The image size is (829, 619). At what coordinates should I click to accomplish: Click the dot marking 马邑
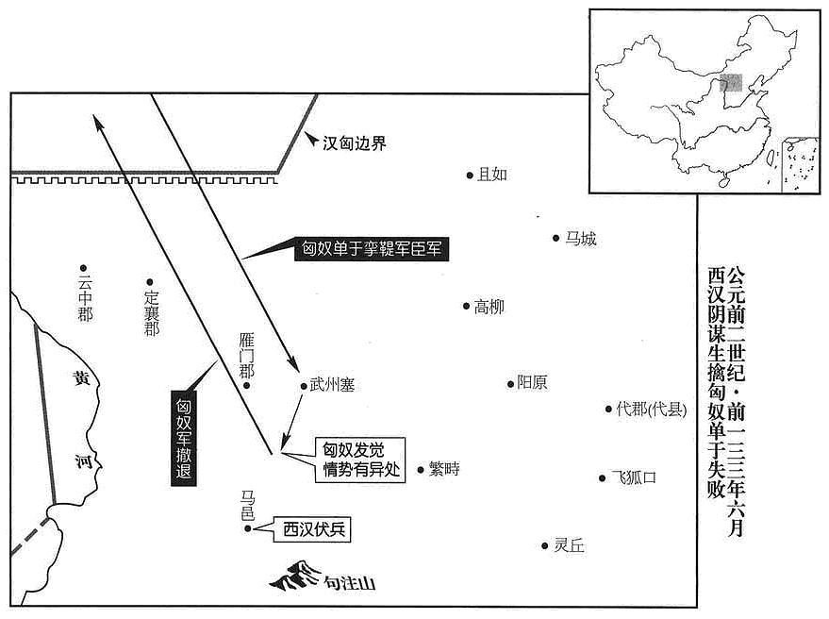pos(247,528)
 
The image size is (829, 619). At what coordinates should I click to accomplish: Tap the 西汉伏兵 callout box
pos(312,529)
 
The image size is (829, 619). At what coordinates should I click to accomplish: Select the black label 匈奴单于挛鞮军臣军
pos(372,249)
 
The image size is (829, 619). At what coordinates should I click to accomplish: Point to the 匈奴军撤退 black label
pos(184,438)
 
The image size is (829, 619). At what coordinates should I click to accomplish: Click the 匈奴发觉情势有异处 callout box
pos(360,460)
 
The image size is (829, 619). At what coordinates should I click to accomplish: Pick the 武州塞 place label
pos(332,385)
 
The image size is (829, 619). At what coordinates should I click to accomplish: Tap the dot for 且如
pos(470,176)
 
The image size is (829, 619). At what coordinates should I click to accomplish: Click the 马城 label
pos(581,239)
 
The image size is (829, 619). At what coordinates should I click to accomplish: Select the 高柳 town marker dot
pos(466,306)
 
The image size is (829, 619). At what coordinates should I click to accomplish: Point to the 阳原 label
pos(532,382)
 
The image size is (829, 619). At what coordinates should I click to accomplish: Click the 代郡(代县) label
pos(652,409)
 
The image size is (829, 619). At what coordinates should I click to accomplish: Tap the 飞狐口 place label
pos(634,477)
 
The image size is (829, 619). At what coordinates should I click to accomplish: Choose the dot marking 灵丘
pos(544,545)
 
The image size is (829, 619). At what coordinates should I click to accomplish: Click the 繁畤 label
pos(444,469)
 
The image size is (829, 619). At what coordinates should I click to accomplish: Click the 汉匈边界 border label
pos(355,143)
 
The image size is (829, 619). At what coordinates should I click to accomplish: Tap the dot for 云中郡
pos(83,268)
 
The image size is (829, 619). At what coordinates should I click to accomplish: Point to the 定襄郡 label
pos(152,312)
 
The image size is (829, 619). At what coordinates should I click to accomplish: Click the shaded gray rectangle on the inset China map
pos(731,83)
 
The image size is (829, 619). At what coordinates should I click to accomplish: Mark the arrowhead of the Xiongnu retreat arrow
pos(96,121)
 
